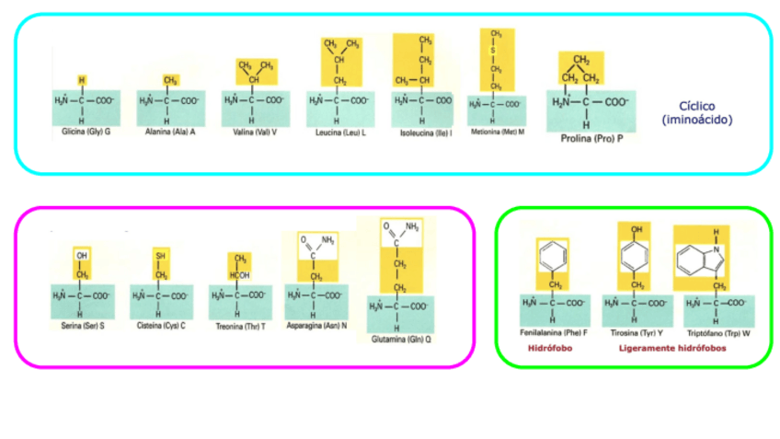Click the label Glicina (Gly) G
tap(82, 132)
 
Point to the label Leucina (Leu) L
tap(336, 133)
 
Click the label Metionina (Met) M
tap(497, 131)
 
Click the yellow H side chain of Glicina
tap(82, 80)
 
